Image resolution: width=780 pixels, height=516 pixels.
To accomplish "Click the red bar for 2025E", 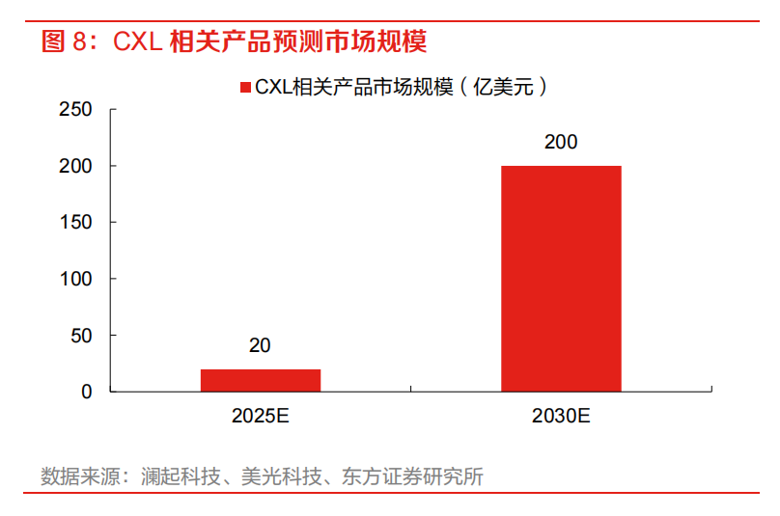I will point(261,380).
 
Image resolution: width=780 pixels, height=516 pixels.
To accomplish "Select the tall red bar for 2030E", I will point(561,279).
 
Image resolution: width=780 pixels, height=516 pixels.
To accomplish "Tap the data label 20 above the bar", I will point(260,345).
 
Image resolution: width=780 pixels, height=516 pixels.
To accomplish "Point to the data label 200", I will point(561,142).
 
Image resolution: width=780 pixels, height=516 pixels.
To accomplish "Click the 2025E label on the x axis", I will point(261,417).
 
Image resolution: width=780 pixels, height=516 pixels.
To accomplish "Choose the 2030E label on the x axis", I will point(561,417).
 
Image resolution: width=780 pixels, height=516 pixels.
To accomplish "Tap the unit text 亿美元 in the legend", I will point(505,88).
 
